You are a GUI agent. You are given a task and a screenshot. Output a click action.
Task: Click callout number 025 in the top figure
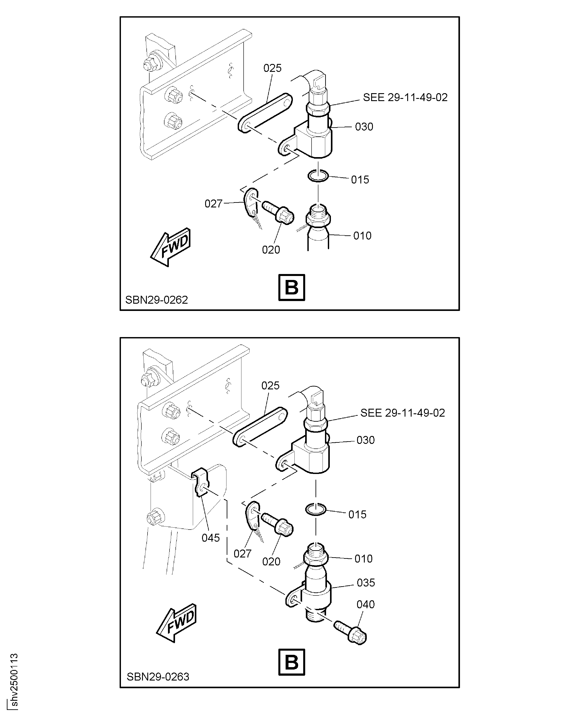tap(272, 68)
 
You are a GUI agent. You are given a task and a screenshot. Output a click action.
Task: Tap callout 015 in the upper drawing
tap(360, 180)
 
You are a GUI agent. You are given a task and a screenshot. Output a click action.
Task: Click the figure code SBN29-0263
tap(158, 677)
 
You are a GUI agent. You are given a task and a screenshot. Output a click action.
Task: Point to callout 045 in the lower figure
tap(211, 538)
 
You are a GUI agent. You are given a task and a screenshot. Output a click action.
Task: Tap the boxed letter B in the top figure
tap(292, 287)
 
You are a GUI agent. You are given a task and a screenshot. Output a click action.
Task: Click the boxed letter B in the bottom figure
tap(292, 662)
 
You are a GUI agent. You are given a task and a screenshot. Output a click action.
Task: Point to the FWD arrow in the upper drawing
tap(171, 247)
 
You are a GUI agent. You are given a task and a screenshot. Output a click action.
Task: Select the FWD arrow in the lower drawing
tap(176, 623)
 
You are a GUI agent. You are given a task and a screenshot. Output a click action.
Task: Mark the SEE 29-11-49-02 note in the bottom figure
tap(403, 413)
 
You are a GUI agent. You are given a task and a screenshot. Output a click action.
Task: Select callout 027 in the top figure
tap(213, 204)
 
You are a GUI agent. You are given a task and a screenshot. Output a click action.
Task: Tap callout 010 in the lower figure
tap(363, 559)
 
